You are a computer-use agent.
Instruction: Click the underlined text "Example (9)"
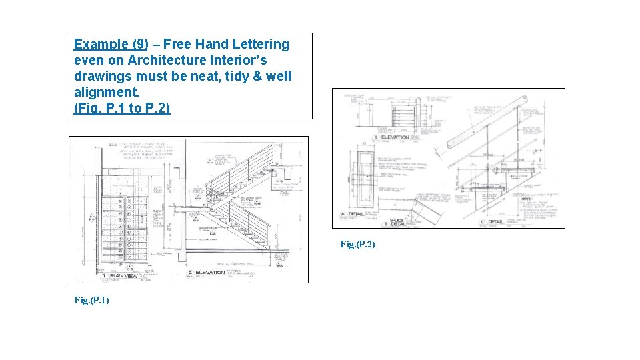click(x=110, y=45)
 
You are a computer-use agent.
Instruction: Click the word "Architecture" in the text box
click(x=167, y=60)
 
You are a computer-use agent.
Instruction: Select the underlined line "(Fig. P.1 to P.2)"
click(x=122, y=108)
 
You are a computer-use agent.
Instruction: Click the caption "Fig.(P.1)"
click(x=91, y=301)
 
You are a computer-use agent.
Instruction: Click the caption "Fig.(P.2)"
click(x=357, y=245)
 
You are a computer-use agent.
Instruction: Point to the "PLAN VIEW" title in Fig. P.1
click(x=124, y=275)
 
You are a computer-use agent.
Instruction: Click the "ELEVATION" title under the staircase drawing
click(x=210, y=273)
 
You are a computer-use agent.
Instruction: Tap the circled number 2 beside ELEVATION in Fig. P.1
click(x=190, y=273)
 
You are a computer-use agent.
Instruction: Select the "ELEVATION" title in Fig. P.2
click(x=395, y=137)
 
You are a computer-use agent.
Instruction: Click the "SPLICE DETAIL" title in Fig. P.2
click(x=397, y=221)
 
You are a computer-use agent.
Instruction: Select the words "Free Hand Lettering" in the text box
click(x=226, y=45)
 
